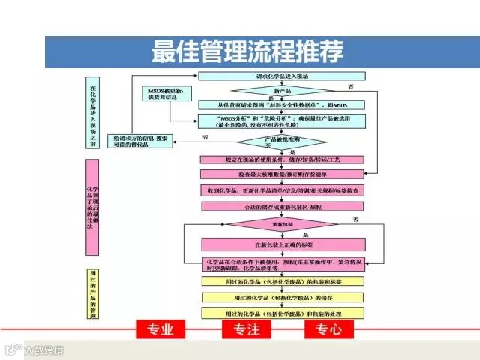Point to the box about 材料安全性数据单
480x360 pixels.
click(282, 104)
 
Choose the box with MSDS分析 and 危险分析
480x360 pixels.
click(282, 121)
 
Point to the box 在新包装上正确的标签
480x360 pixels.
click(283, 244)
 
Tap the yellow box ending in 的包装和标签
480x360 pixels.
click(283, 282)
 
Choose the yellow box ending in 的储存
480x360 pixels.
click(283, 297)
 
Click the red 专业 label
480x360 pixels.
click(160, 329)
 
